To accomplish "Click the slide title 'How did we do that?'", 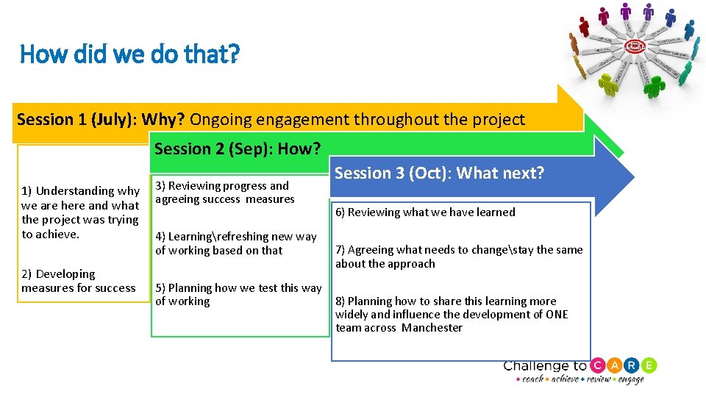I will (x=129, y=54).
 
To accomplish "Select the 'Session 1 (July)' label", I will (x=76, y=119).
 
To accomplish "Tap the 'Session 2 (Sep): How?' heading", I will (x=237, y=149).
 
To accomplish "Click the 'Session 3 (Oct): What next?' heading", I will (x=439, y=173).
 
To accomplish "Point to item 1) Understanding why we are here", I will (x=80, y=212).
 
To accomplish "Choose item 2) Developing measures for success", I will (x=78, y=281).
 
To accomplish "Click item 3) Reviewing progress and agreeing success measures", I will (x=224, y=192).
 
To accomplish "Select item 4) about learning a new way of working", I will (x=235, y=243).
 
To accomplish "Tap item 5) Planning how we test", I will (x=238, y=294).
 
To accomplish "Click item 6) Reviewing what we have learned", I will (x=425, y=212).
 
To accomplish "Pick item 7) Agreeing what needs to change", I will (x=458, y=257).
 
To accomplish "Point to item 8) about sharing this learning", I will (x=451, y=314).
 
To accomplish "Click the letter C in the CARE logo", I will (x=599, y=365).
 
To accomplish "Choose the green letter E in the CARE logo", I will (x=649, y=365).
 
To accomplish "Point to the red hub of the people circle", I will (x=635, y=46).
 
